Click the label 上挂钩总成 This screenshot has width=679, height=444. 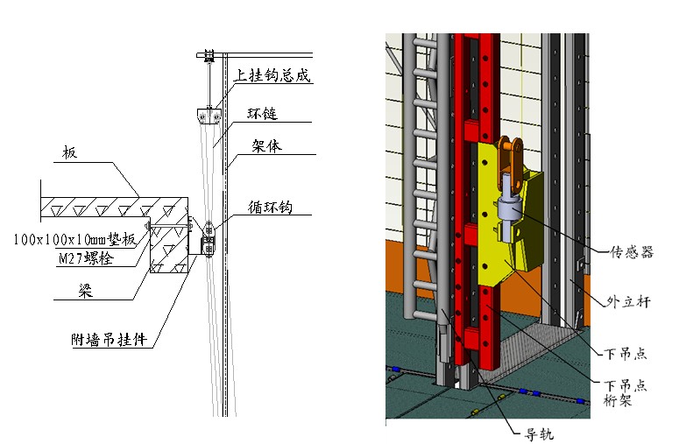pyautogui.click(x=273, y=76)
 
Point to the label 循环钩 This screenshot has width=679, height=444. pyautogui.click(x=269, y=208)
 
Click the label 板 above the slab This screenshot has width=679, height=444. pyautogui.click(x=69, y=154)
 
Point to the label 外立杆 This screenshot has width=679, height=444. pyautogui.click(x=629, y=302)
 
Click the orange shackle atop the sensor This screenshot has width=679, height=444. pyautogui.click(x=512, y=157)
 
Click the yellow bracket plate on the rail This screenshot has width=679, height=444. pyautogui.click(x=491, y=254)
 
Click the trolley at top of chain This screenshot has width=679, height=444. pyautogui.click(x=209, y=58)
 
